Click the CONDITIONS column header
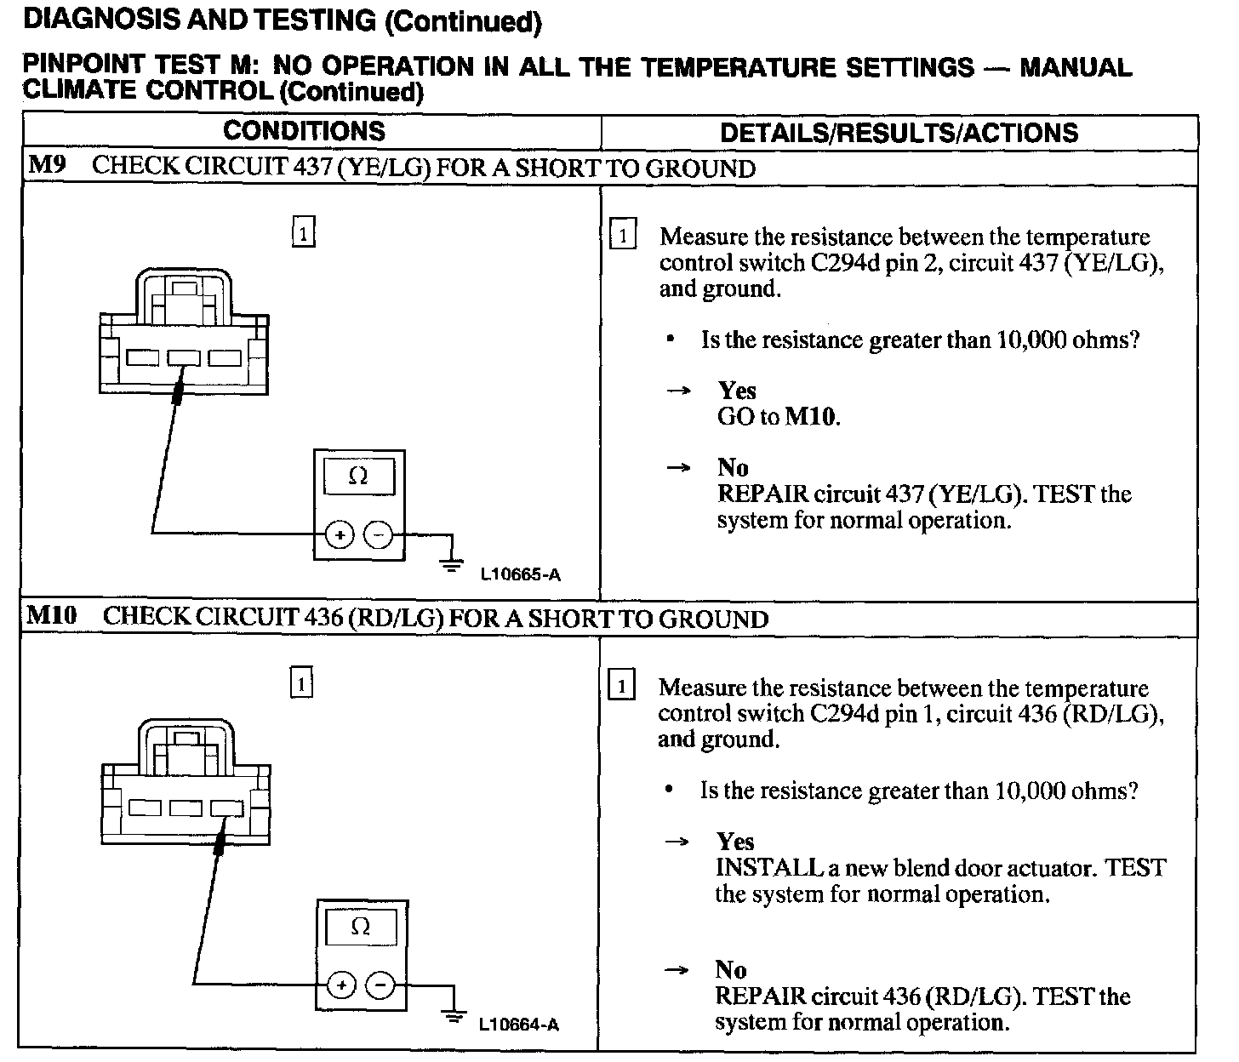[x=304, y=131]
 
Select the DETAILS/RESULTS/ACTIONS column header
[x=899, y=133]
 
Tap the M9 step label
[x=47, y=165]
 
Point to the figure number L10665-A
[x=520, y=574]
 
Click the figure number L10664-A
[x=519, y=1024]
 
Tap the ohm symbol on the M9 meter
[x=358, y=477]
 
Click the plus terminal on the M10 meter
[x=342, y=985]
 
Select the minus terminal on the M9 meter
[x=379, y=534]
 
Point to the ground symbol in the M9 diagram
[x=452, y=562]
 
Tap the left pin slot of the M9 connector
[x=143, y=358]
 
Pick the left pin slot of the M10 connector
[x=144, y=807]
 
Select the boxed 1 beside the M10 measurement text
[x=622, y=686]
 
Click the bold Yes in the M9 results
[x=737, y=391]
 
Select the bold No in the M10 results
[x=731, y=969]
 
